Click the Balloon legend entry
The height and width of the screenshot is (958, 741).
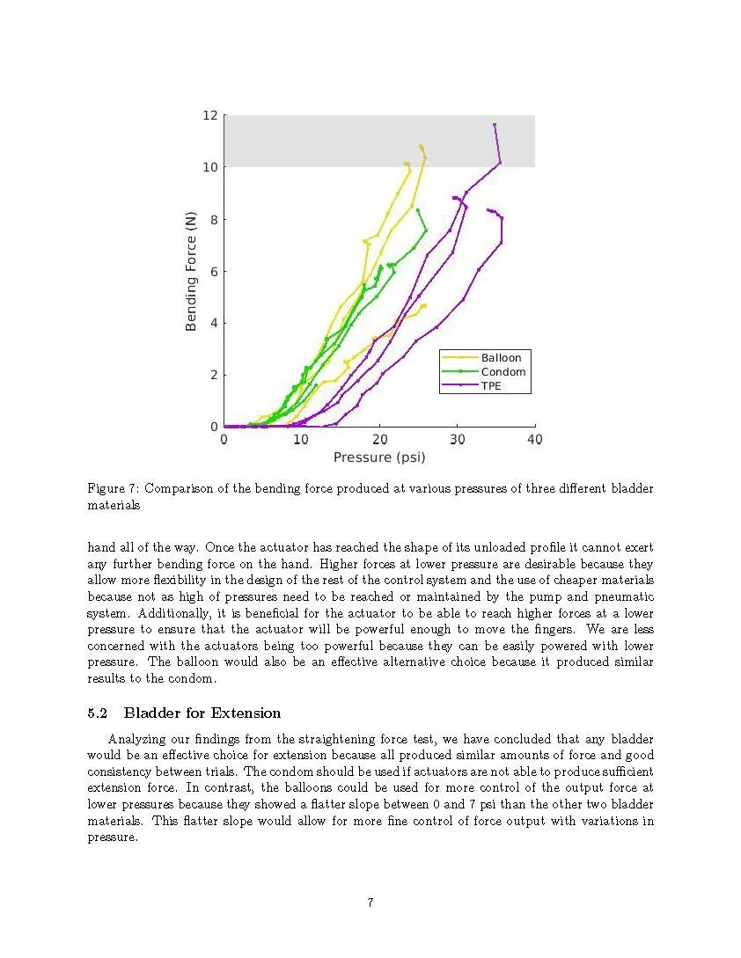click(500, 358)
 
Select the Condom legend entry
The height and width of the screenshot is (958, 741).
click(503, 372)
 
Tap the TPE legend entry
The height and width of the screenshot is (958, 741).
click(491, 386)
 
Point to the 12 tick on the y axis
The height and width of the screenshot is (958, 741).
click(209, 115)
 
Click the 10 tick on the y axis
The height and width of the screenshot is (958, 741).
click(209, 167)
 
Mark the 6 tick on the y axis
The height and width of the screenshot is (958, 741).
click(213, 271)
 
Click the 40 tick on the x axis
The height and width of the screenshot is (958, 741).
click(534, 440)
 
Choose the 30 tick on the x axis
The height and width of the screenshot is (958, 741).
click(457, 440)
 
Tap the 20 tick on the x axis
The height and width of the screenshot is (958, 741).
click(379, 440)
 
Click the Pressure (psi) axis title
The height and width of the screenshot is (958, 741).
click(379, 457)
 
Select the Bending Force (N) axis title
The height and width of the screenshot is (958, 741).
click(191, 271)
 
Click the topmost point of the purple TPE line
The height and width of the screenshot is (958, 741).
click(495, 125)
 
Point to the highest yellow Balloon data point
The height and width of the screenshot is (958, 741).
click(421, 146)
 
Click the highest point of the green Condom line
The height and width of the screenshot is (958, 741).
click(417, 209)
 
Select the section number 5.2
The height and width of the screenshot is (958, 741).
click(98, 713)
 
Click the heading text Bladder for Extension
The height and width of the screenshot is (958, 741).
click(202, 713)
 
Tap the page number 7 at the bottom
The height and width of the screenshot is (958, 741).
click(370, 903)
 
